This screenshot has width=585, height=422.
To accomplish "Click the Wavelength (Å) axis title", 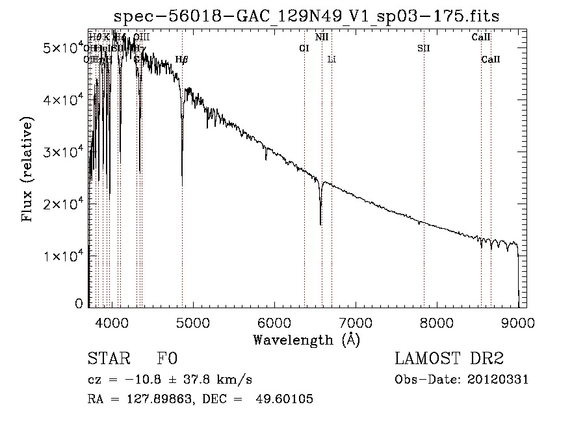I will (x=306, y=339).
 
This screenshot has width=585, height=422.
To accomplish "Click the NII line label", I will (x=322, y=37).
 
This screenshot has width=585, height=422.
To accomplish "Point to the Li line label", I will (x=331, y=59).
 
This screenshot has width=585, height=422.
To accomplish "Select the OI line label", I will (x=304, y=48).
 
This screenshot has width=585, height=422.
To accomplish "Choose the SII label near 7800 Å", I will (x=424, y=48).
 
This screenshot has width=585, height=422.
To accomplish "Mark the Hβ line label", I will (x=182, y=59).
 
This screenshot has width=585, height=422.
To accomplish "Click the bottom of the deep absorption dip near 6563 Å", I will (x=320, y=224).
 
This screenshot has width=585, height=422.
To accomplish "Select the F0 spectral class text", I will (x=167, y=360).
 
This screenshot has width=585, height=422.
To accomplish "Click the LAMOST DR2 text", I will (x=448, y=360).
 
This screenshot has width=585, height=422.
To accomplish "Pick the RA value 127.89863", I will (x=153, y=399).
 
